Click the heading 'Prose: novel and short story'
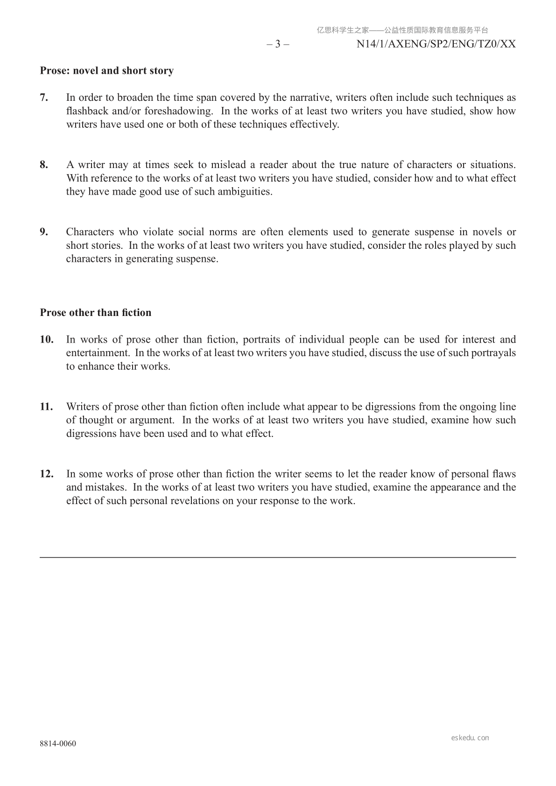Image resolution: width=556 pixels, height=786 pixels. point(106,71)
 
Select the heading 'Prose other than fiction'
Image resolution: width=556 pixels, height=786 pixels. point(95,313)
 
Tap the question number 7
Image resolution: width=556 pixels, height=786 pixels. point(44,98)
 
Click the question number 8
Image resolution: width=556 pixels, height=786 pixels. point(44,165)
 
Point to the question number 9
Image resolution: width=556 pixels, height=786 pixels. point(44,232)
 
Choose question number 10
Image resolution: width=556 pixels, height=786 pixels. point(47,339)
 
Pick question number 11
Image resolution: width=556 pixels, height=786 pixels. point(47,407)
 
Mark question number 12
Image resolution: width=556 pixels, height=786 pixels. point(47,474)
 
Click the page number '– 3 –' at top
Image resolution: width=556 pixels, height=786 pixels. point(278,44)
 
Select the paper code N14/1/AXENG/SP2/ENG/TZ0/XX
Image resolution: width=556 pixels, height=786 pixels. point(436,44)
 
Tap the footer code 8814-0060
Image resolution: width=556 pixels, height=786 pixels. point(58,744)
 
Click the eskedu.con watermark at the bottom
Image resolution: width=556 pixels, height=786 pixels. point(470,738)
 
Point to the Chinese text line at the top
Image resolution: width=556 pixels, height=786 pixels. point(402,30)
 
